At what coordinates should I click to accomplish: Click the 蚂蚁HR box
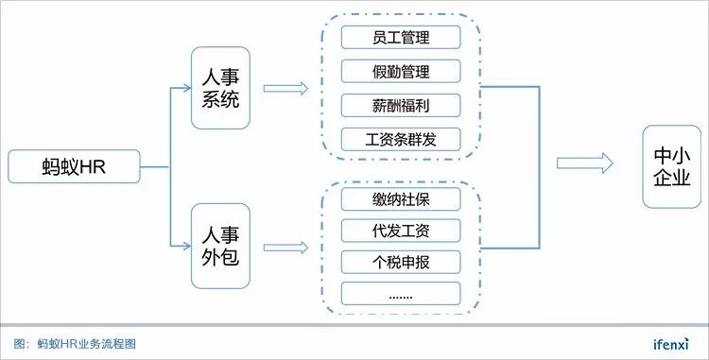(x=74, y=166)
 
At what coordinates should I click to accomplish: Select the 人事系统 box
(x=220, y=87)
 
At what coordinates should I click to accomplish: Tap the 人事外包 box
(x=220, y=246)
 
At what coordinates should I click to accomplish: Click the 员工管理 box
(x=400, y=39)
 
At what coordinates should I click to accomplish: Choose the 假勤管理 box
(x=400, y=72)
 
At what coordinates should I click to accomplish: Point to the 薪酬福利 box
(x=400, y=105)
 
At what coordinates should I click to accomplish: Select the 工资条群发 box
(x=400, y=139)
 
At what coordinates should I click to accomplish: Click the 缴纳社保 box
(x=400, y=198)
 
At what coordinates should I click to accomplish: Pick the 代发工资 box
(x=400, y=230)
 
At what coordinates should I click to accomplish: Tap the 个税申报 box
(x=400, y=261)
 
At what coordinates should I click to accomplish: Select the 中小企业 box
(x=672, y=166)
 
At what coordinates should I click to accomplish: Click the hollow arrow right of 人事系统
(x=285, y=88)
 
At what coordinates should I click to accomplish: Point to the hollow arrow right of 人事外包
(x=285, y=247)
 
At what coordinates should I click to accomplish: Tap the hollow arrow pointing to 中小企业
(x=585, y=163)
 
